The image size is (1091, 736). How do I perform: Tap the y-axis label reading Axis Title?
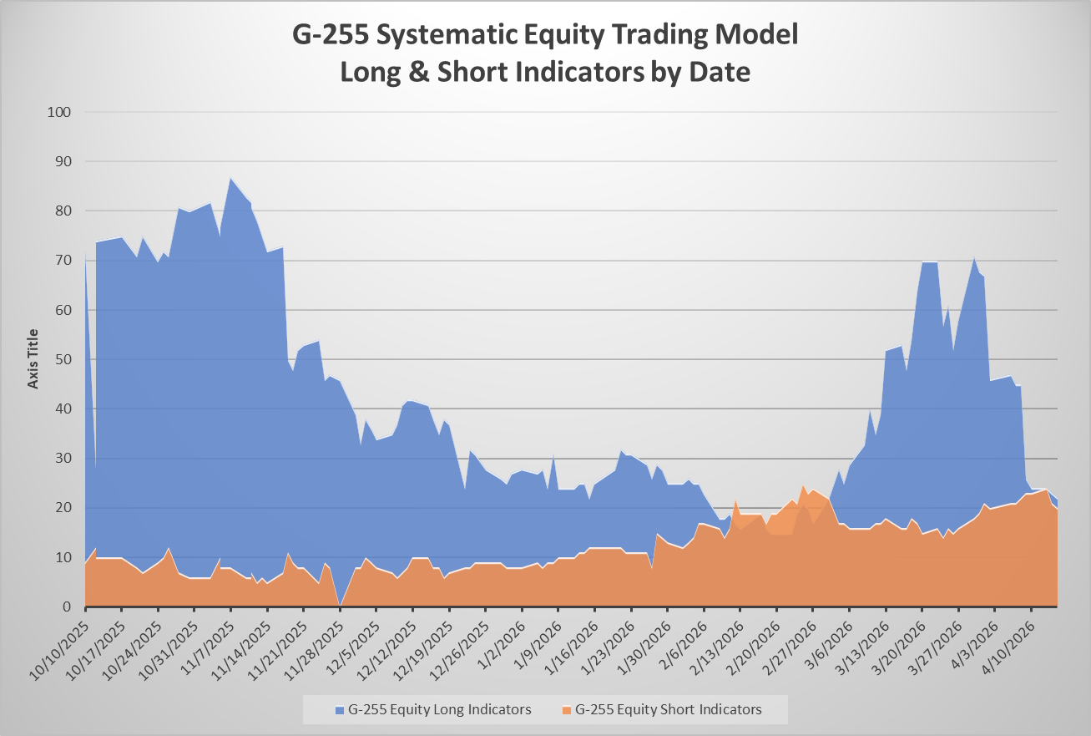[x=33, y=358]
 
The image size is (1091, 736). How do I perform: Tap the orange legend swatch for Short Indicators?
[x=567, y=709]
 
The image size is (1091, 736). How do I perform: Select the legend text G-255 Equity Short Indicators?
[x=667, y=709]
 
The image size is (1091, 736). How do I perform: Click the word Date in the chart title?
[x=720, y=72]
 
